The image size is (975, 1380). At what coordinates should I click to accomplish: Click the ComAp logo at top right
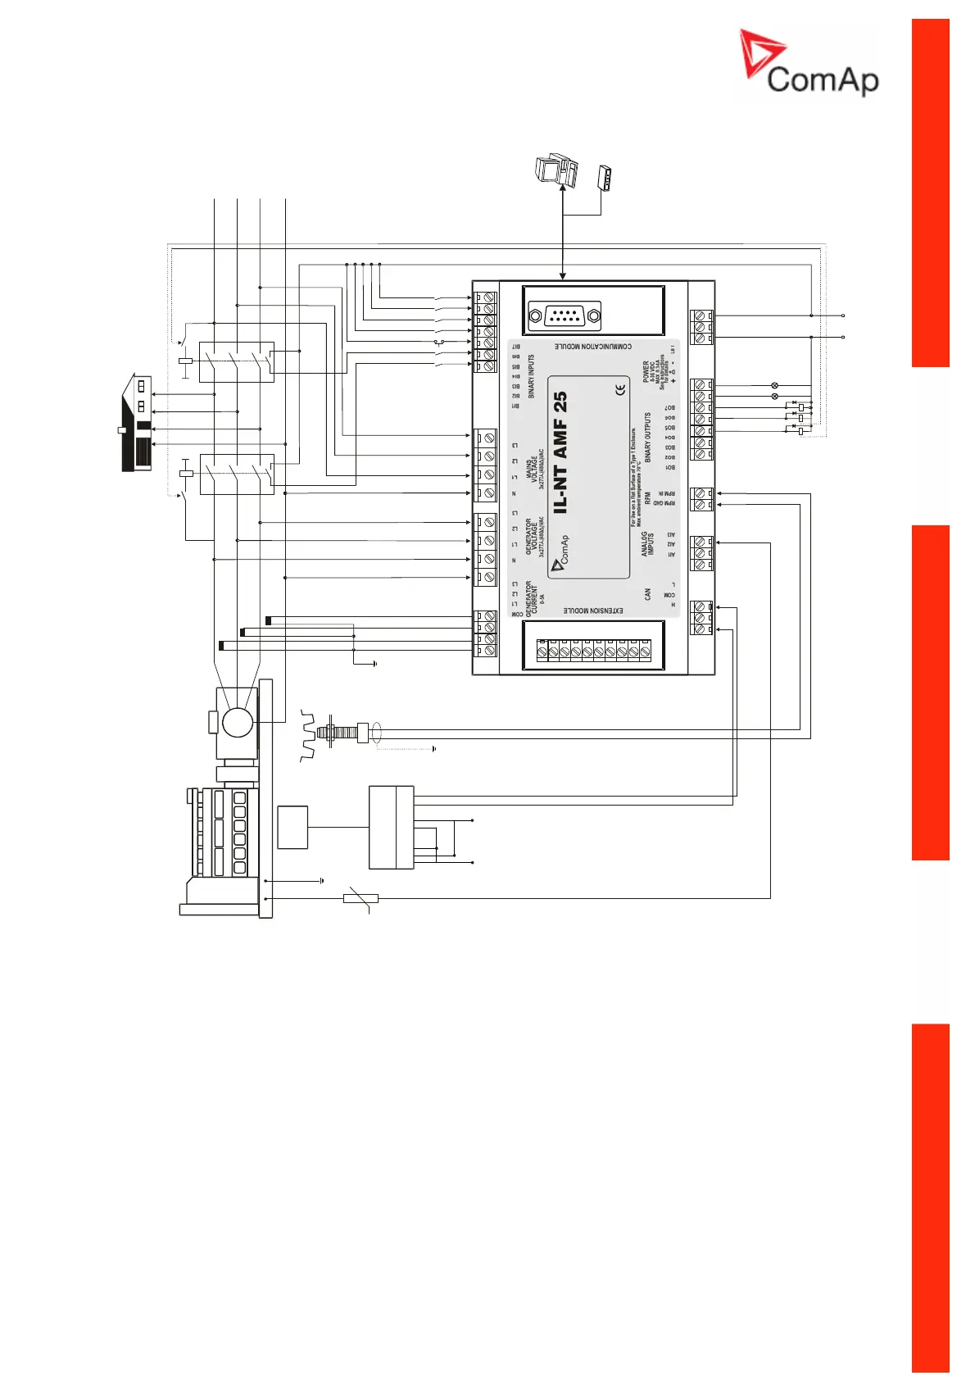click(x=809, y=63)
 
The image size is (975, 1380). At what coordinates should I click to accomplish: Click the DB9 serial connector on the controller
click(x=565, y=315)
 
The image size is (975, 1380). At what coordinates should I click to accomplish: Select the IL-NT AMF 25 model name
click(x=560, y=452)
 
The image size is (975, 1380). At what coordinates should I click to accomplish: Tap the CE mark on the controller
click(x=620, y=390)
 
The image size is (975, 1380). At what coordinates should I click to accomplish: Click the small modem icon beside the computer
click(x=605, y=178)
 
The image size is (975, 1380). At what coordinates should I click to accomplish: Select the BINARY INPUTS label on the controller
click(x=531, y=376)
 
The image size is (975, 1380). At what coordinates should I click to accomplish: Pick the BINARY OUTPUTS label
click(x=647, y=438)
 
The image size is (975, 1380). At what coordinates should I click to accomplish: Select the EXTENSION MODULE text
click(x=592, y=611)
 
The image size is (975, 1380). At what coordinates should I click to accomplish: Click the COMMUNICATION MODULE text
click(x=592, y=347)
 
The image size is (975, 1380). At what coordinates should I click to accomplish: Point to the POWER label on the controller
click(x=646, y=371)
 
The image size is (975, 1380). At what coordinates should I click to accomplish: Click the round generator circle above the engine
click(x=238, y=724)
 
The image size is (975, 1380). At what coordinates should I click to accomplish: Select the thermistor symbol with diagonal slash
click(x=360, y=899)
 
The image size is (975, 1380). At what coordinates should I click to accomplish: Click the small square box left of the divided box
click(x=292, y=827)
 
